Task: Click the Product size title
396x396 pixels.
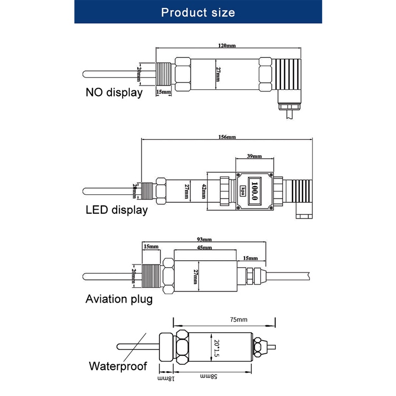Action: [x=198, y=12]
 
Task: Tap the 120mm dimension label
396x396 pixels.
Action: [x=228, y=45]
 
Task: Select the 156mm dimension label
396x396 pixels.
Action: [x=228, y=138]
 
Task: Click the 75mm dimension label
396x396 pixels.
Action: [x=238, y=320]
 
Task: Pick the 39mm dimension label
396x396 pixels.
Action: [x=254, y=157]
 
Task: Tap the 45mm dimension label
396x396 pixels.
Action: [x=204, y=248]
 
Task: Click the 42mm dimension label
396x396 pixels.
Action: [x=204, y=191]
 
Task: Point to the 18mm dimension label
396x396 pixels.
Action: [x=165, y=378]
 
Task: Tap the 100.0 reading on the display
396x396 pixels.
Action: [x=254, y=190]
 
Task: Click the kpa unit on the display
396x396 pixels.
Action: [x=243, y=190]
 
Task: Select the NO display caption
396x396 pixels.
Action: [x=114, y=93]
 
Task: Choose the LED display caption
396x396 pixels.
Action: [x=117, y=210]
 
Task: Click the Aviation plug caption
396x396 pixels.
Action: [x=119, y=300]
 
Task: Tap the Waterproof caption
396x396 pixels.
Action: [x=117, y=366]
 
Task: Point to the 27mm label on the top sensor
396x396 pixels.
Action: [x=218, y=74]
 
